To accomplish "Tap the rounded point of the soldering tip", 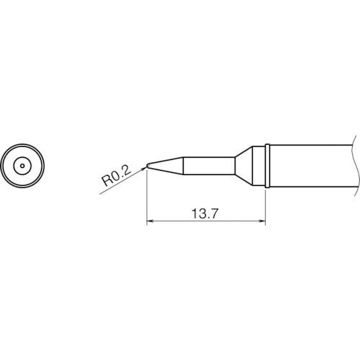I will point(147,167).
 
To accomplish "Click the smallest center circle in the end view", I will point(23,166).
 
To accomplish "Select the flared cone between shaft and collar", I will point(248,166).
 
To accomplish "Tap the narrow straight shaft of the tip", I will point(209,166).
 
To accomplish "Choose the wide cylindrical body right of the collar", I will point(310,166).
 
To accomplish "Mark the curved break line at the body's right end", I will point(355,166).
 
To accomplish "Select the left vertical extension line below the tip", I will point(146,202).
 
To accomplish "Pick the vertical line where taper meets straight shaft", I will point(184,166).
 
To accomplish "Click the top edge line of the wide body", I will point(310,145).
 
